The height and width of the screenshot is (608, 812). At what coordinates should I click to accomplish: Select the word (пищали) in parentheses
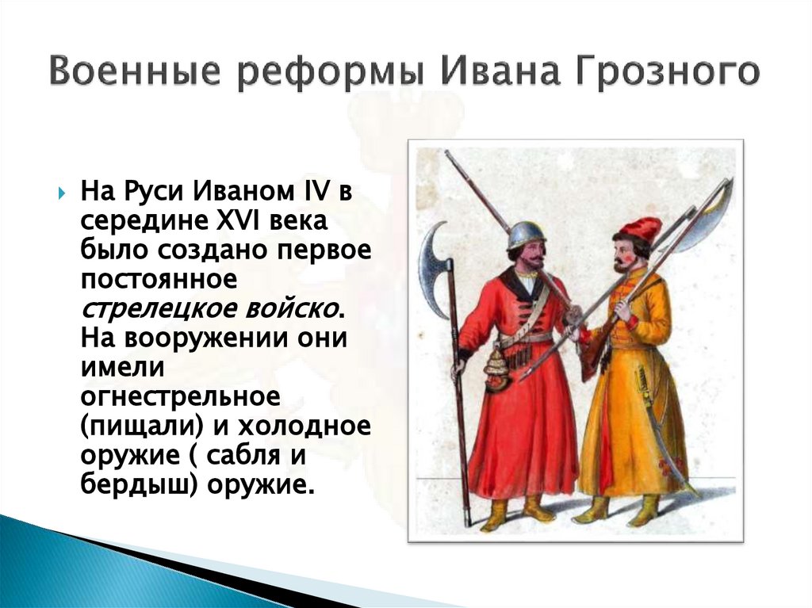[x=140, y=426]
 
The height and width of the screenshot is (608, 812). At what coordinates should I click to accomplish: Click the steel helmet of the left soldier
[x=527, y=234]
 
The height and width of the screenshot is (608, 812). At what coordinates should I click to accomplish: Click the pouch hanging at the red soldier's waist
[x=496, y=369]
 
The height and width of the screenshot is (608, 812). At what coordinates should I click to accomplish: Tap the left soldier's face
[x=530, y=255]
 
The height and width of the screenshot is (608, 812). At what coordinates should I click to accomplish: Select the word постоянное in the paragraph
[x=159, y=280]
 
